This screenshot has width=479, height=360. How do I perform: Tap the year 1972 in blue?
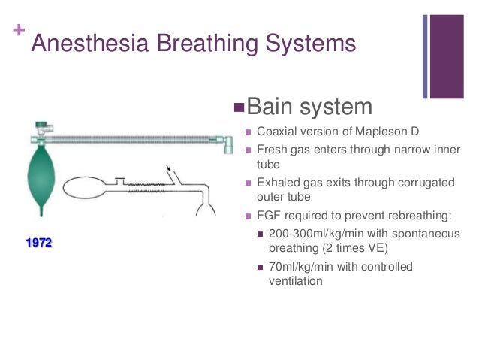click(x=38, y=244)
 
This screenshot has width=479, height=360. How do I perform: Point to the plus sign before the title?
click(x=17, y=31)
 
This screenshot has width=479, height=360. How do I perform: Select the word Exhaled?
click(x=278, y=183)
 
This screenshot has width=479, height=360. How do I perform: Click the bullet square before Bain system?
click(x=239, y=106)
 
